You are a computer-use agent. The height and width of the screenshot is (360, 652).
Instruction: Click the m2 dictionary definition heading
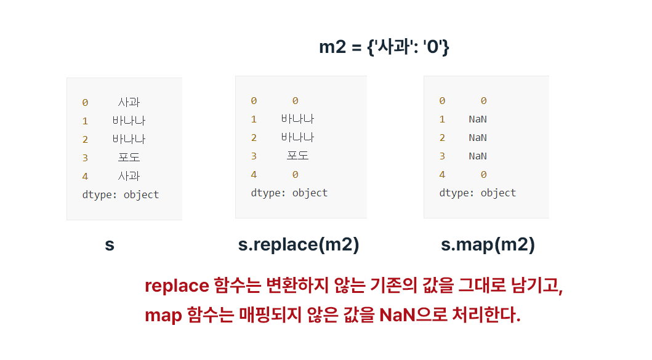[x=384, y=47]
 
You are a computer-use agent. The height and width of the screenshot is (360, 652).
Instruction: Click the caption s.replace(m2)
[x=299, y=245]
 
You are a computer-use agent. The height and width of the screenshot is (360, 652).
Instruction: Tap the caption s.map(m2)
[x=488, y=245]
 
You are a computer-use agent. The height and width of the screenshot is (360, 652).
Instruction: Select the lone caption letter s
[x=110, y=245]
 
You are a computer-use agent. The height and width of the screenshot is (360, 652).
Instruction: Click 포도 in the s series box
[x=129, y=158]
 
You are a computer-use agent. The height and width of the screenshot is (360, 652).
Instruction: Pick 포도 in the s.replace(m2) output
[x=298, y=156]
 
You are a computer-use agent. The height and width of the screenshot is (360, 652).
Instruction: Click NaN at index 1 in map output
[x=478, y=119]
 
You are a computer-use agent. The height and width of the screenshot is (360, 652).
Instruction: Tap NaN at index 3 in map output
[x=478, y=156]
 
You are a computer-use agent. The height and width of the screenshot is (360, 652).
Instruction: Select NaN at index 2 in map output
[x=478, y=138]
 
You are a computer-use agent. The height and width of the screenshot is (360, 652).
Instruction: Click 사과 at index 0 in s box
[x=129, y=102]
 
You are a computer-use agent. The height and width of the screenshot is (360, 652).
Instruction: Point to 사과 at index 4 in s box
[x=129, y=176]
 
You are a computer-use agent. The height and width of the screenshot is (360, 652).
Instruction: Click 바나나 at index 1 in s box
[x=129, y=121]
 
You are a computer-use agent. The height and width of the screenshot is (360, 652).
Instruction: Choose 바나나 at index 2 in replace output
[x=298, y=137]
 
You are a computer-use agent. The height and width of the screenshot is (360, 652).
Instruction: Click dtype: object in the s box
[x=121, y=194]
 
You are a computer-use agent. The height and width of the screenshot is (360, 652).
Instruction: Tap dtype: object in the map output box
[x=478, y=193]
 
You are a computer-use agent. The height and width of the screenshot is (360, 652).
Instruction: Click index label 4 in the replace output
[x=254, y=174]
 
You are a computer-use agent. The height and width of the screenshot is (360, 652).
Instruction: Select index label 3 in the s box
[x=85, y=158]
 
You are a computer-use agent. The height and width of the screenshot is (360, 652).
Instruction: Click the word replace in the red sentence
[x=177, y=286]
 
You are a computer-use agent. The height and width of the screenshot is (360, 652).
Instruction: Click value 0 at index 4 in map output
[x=483, y=175]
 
